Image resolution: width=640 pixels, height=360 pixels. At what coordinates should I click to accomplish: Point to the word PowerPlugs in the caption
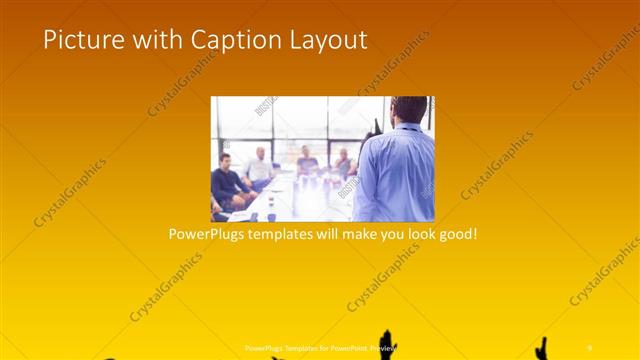(208, 235)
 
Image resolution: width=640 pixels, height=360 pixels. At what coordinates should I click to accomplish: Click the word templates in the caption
(288, 235)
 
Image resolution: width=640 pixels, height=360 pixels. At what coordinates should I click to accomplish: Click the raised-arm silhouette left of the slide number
(543, 348)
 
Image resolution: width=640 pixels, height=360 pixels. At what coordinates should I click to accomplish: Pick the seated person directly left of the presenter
(343, 165)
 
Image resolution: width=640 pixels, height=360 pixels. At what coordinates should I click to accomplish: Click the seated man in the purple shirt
(307, 160)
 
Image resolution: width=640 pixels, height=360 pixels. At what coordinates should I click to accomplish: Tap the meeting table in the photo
(290, 200)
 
